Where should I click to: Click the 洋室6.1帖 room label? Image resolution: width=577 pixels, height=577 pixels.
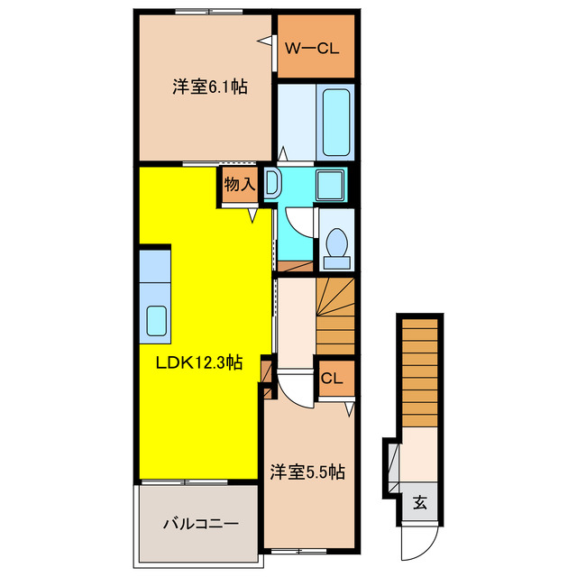[x=210, y=87]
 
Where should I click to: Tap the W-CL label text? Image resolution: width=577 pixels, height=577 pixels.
[x=312, y=49]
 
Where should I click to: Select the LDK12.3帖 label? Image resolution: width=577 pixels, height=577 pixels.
[x=198, y=362]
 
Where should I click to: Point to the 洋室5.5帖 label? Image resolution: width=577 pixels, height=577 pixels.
[x=308, y=471]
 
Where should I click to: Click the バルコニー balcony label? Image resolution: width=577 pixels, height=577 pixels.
[x=199, y=523]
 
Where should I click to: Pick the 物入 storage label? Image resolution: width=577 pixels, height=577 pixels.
[x=239, y=186]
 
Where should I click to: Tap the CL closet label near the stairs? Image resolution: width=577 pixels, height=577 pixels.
[x=332, y=379]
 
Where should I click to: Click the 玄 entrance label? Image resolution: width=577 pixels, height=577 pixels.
[x=420, y=503]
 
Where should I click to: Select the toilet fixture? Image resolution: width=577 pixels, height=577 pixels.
[x=336, y=246]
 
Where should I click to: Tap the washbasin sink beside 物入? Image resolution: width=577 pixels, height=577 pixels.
[x=273, y=185]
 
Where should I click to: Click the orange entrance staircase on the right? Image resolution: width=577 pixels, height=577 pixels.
[x=418, y=369]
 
